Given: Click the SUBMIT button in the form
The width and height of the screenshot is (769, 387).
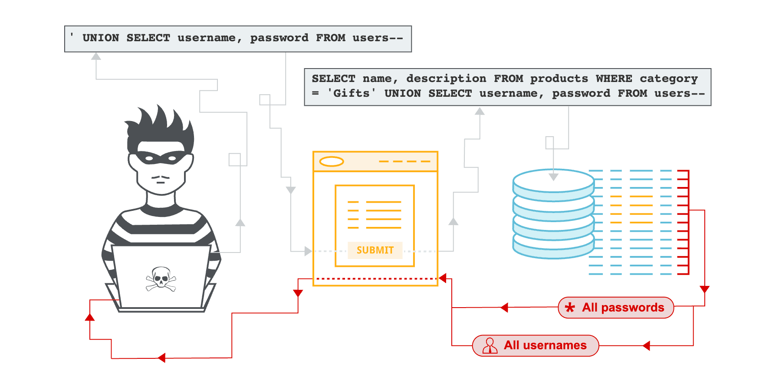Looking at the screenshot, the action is (x=375, y=250).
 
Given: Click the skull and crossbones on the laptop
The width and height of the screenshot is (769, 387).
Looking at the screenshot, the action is (x=161, y=279).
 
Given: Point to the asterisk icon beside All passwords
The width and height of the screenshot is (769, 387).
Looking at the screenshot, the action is (x=570, y=308).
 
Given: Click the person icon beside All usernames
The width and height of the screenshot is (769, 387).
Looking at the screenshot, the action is (x=490, y=346).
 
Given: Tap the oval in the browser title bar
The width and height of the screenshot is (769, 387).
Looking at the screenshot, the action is (x=332, y=162).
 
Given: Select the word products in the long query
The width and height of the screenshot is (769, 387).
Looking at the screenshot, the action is (x=559, y=79).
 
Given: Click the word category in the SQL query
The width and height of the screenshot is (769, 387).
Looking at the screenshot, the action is (x=668, y=79).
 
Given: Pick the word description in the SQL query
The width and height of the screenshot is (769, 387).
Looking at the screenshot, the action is (x=446, y=79).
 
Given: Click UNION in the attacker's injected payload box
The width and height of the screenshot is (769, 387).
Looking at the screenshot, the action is (x=101, y=38).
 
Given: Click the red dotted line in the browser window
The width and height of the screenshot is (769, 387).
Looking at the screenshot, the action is (x=376, y=279).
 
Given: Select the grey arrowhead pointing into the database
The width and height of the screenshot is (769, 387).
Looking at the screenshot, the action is (x=553, y=177).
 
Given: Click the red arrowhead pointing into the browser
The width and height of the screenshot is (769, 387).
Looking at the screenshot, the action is (x=443, y=278).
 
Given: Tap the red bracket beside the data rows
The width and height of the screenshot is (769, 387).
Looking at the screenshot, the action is (x=684, y=222).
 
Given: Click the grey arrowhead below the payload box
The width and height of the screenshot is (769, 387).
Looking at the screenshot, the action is (x=96, y=56).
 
